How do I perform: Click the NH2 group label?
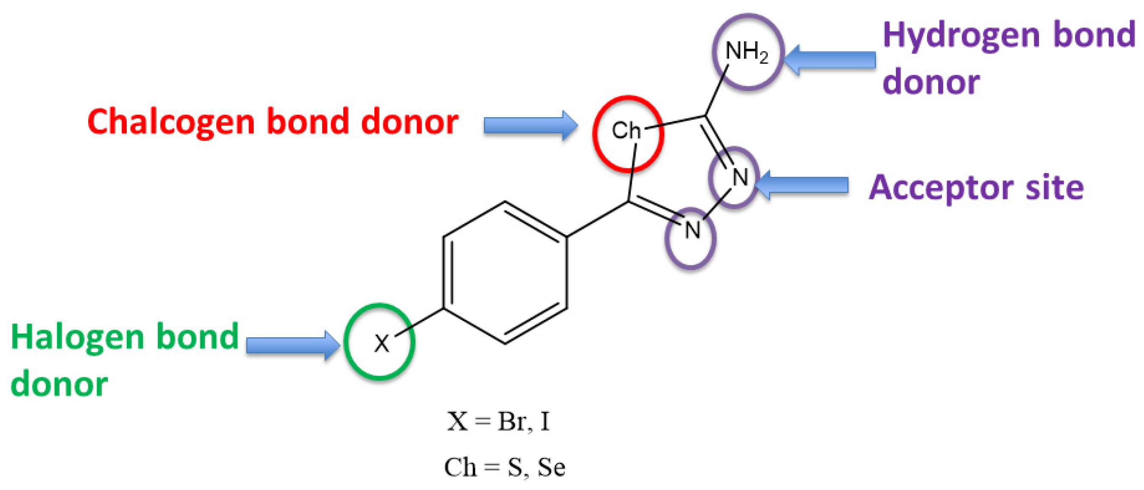pyautogui.click(x=747, y=51)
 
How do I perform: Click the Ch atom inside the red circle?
pyautogui.click(x=626, y=131)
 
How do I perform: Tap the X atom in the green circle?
pyautogui.click(x=381, y=343)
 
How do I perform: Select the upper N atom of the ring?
pyautogui.click(x=740, y=177)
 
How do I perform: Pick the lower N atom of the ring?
pyautogui.click(x=692, y=230)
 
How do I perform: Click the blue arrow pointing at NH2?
pyautogui.click(x=830, y=60)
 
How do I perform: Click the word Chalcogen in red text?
pyautogui.click(x=171, y=122)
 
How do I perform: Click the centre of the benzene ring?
pyautogui.click(x=505, y=273)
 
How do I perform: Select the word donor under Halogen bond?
pyautogui.click(x=59, y=385)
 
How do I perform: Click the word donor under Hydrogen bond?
pyautogui.click(x=931, y=83)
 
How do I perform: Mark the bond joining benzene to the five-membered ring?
pyautogui.click(x=598, y=219)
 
